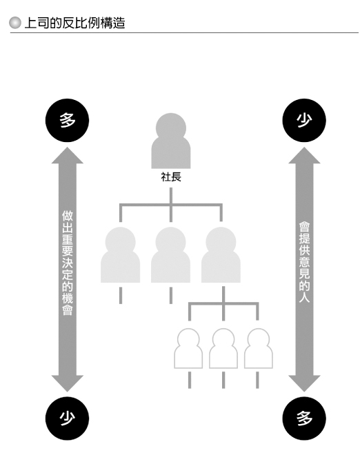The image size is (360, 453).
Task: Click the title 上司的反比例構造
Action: click(74, 23)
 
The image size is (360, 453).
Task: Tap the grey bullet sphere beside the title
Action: click(15, 23)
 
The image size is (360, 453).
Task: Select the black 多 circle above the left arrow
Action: click(67, 120)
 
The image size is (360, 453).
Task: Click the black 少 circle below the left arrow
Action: click(67, 419)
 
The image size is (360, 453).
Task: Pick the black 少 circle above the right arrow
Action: click(304, 120)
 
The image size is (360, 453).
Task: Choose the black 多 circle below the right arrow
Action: click(304, 419)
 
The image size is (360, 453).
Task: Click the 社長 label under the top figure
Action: click(171, 177)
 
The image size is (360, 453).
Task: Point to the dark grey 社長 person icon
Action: click(171, 141)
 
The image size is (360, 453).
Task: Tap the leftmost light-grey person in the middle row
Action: click(120, 254)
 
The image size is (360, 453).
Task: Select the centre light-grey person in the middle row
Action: click(170, 254)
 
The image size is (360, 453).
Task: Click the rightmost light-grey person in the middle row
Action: click(221, 254)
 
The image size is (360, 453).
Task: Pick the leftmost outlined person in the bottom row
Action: click(188, 348)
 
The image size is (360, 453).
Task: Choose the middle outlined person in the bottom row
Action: click(223, 348)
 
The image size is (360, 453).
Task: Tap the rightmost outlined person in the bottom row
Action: click(259, 348)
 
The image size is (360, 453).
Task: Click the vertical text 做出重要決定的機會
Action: click(68, 263)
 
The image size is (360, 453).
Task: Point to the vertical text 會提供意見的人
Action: click(304, 262)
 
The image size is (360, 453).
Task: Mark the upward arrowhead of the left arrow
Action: click(68, 155)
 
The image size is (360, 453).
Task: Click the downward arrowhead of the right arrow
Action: click(304, 383)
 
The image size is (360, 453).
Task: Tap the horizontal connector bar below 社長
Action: click(171, 205)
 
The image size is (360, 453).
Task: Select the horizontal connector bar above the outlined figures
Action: click(223, 303)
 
